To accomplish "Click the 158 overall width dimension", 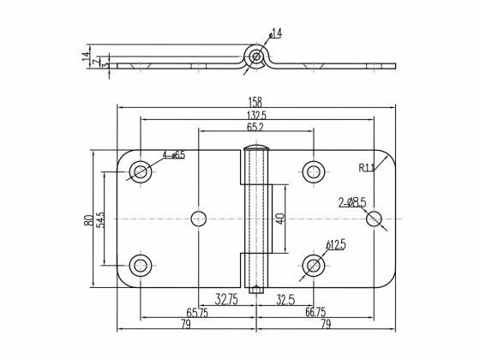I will pos(256,101).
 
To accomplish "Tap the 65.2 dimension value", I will pos(256,127).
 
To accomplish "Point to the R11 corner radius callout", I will pos(368,167).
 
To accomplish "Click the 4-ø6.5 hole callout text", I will pos(173,155).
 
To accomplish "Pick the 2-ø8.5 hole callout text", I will pos(351,202).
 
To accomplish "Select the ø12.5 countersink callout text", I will pos(335,245).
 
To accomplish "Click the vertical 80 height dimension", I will pos(89,219).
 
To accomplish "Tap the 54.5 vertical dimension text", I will pos(101,219).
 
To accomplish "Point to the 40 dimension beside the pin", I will pos(279,219).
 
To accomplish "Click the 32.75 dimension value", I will pos(226,300).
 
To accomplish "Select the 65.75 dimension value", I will pos(198,313).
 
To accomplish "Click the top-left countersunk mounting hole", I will pos(140,172).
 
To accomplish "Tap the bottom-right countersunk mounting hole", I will pos(314,266).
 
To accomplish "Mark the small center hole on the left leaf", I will pos(199,219).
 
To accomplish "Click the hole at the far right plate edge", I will pos(374,219).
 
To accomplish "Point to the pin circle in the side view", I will pos(256,57).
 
